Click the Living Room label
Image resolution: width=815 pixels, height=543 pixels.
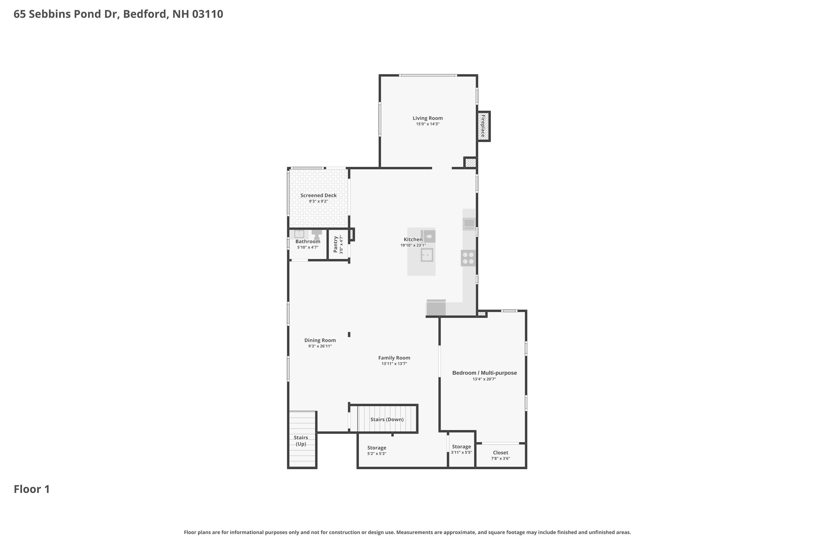pyautogui.click(x=427, y=118)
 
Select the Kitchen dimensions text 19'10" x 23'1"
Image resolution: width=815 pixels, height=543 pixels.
pyautogui.click(x=413, y=245)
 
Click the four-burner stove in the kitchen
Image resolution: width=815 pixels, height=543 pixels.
pyautogui.click(x=468, y=258)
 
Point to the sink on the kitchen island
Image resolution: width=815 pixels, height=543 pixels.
pyautogui.click(x=427, y=255)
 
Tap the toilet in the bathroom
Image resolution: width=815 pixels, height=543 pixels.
pyautogui.click(x=316, y=233)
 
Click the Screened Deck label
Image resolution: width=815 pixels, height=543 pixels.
pyautogui.click(x=318, y=195)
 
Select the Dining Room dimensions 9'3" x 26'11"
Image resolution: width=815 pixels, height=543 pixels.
pyautogui.click(x=320, y=346)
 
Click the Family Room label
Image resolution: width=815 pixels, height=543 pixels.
pyautogui.click(x=394, y=358)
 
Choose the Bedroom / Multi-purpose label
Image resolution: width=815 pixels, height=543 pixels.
pyautogui.click(x=484, y=372)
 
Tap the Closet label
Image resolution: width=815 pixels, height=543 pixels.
pyautogui.click(x=500, y=452)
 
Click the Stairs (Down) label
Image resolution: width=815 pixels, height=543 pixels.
pyautogui.click(x=387, y=419)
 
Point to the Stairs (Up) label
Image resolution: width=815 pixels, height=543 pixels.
pyautogui.click(x=301, y=440)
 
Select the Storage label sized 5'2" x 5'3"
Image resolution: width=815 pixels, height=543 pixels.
pyautogui.click(x=377, y=448)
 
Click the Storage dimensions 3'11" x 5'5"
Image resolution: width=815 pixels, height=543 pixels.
pyautogui.click(x=461, y=452)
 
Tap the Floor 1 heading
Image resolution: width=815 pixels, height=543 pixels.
pyautogui.click(x=32, y=489)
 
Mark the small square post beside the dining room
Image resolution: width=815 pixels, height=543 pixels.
pyautogui.click(x=349, y=334)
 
